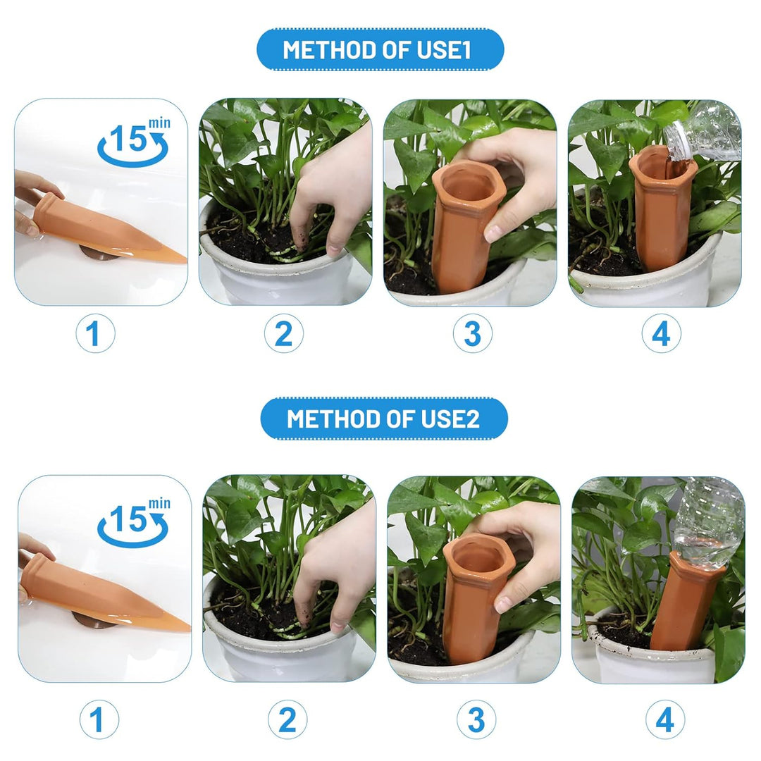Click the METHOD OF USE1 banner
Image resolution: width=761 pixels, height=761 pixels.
[380, 49]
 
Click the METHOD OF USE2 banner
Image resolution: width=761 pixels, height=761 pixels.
[384, 419]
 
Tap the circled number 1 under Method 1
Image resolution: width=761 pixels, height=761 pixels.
[95, 334]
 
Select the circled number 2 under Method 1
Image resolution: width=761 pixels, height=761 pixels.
[283, 334]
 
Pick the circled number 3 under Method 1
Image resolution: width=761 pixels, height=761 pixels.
[472, 334]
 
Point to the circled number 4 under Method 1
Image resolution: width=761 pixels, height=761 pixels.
[661, 334]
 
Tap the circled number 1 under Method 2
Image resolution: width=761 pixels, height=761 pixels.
[99, 719]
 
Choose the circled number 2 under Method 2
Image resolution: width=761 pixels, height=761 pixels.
[287, 719]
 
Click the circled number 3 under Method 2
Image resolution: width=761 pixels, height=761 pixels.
[476, 719]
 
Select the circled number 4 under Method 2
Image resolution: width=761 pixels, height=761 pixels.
[665, 719]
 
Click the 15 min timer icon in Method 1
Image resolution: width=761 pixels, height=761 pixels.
[134, 141]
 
